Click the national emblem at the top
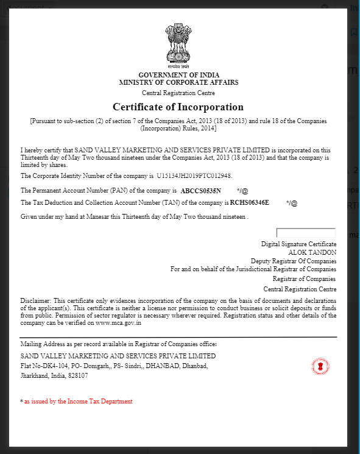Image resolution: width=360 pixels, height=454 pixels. [178, 46]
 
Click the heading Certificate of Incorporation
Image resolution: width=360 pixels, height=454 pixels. [178, 107]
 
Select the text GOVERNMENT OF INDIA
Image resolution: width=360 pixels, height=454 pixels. [178, 74]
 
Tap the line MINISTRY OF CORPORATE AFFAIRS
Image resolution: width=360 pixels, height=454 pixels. [178, 82]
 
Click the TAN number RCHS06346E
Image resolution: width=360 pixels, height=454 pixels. [249, 202]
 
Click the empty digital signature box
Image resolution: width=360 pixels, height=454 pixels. [306, 233]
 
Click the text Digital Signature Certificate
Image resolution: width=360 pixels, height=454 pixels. [298, 244]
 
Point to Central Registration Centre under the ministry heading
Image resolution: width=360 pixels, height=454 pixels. [178, 93]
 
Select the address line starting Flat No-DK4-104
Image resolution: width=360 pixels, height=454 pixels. [115, 366]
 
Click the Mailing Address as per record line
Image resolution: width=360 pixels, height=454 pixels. [118, 344]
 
